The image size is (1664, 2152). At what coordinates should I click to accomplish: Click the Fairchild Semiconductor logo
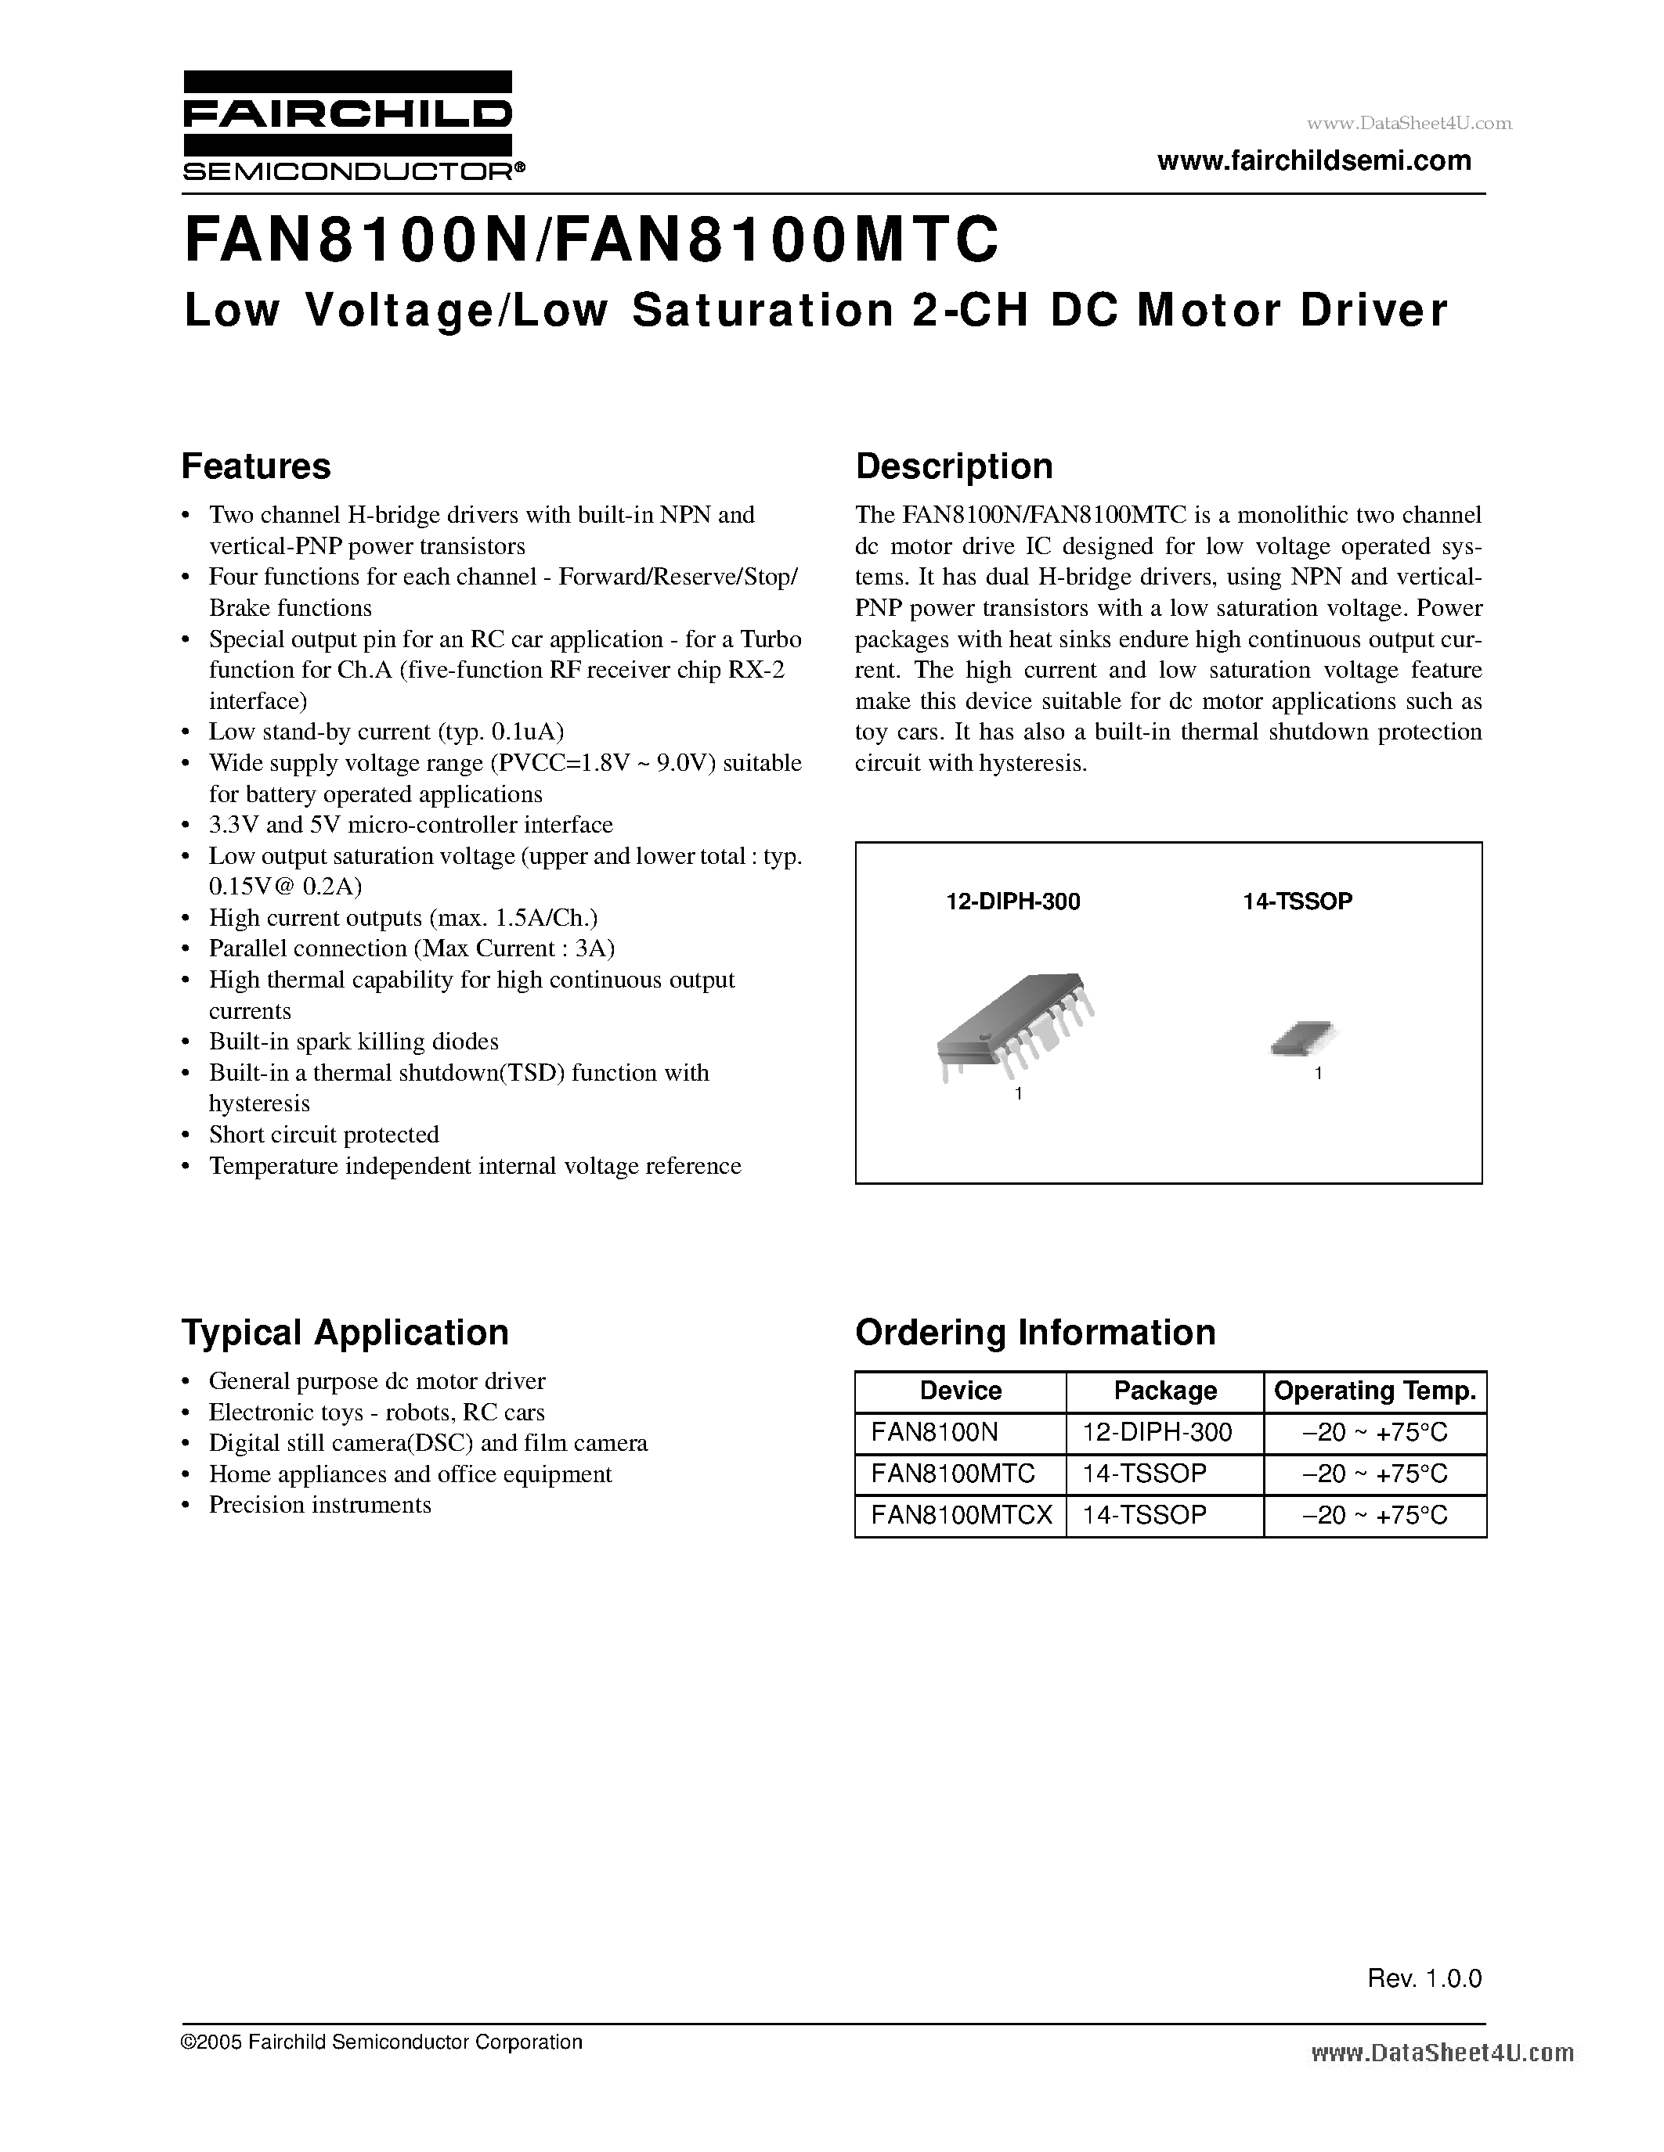coord(347,126)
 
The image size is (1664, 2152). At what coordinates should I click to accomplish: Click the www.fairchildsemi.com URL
coord(1314,160)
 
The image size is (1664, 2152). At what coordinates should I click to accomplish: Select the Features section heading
coord(255,466)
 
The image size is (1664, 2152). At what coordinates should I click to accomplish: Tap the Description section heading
coord(953,466)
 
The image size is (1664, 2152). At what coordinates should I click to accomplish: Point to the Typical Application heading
coord(345,1332)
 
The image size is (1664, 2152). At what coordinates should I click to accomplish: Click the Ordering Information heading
coord(1035,1332)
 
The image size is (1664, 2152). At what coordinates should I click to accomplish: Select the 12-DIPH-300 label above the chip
coord(1012,901)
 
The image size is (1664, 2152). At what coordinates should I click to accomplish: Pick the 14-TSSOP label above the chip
coord(1298,901)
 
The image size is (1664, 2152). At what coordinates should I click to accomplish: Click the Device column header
coord(960,1391)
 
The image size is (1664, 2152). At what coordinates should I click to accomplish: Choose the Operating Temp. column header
coord(1374,1391)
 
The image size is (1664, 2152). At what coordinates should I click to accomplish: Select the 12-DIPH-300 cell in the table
coord(1157,1432)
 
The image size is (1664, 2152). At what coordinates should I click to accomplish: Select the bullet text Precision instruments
coord(319,1505)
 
